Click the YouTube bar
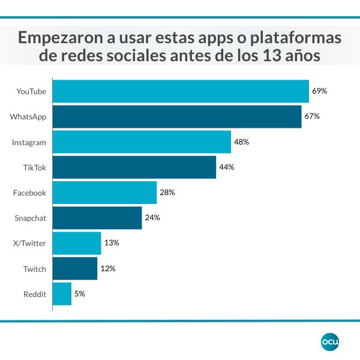tap(181, 92)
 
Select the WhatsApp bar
tap(177, 116)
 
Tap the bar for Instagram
tap(142, 142)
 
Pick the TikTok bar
tap(134, 167)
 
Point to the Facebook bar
tap(104, 193)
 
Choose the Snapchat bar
tap(97, 218)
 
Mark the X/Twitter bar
tap(77, 243)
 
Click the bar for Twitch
tap(75, 268)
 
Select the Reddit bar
tap(62, 294)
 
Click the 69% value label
tap(319, 91)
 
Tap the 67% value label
tap(311, 116)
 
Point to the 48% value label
tap(241, 142)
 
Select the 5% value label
tap(79, 294)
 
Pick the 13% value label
tap(112, 243)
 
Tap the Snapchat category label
tap(30, 218)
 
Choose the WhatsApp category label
tap(28, 116)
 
